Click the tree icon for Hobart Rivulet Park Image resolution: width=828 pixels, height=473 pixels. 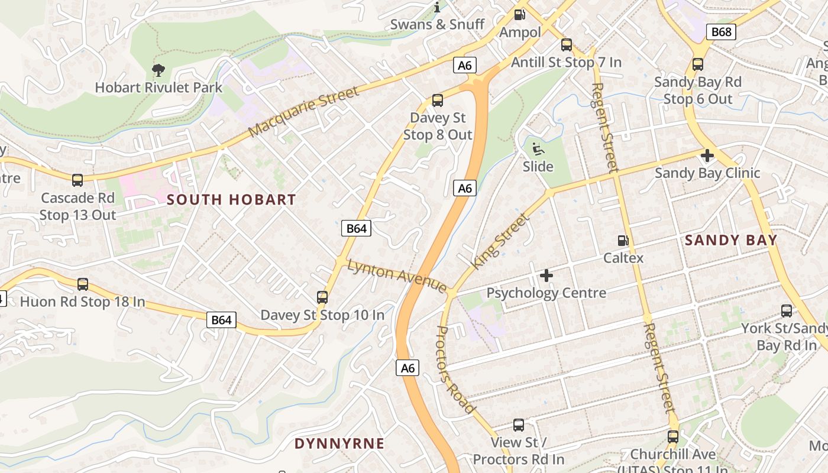158,71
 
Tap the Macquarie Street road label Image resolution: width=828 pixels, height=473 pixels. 304,112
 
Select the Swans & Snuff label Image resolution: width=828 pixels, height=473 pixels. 437,24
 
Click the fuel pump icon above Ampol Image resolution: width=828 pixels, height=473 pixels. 520,15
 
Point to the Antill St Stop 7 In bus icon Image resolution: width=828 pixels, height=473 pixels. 567,45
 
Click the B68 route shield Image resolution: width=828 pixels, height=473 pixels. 722,31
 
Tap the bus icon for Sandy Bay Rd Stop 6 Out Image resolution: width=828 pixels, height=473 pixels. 698,64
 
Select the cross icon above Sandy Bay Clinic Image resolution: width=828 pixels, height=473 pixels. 707,156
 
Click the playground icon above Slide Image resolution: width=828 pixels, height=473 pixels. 538,149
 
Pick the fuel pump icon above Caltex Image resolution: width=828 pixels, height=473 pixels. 623,241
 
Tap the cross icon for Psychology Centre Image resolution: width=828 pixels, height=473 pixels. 546,276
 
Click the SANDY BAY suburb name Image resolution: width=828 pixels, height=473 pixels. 731,240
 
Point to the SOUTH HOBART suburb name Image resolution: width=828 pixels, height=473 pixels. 231,199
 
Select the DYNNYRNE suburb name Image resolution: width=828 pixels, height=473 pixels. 339,443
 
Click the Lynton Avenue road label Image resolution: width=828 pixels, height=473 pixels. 397,276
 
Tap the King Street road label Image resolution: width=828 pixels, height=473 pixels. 500,241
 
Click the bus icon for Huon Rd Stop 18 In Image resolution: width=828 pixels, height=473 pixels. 83,284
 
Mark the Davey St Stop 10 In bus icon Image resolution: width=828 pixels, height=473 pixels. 322,297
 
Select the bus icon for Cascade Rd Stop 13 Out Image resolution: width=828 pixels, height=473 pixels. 77,180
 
